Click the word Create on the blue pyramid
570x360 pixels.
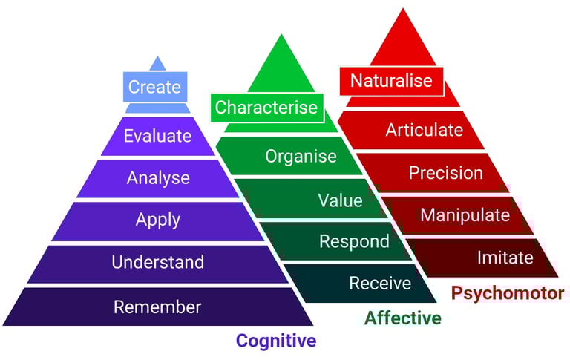(x=154, y=87)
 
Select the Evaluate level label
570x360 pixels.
(x=157, y=137)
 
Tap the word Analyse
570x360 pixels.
(x=158, y=178)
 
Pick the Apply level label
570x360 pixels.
(x=157, y=220)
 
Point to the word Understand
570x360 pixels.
(x=157, y=262)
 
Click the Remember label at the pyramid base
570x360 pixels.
(x=157, y=307)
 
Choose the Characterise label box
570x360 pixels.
(x=266, y=108)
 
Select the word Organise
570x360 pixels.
(x=301, y=157)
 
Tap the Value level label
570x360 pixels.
(x=340, y=200)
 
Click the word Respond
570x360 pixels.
(x=354, y=241)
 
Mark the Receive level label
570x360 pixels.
(x=380, y=283)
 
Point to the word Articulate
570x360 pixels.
(x=425, y=131)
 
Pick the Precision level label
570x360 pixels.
(x=446, y=173)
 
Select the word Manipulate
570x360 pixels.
(x=465, y=215)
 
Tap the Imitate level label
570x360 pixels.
(x=505, y=258)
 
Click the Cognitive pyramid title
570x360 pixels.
(x=276, y=341)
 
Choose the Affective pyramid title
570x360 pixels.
(x=403, y=318)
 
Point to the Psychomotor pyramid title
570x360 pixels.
(x=507, y=293)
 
